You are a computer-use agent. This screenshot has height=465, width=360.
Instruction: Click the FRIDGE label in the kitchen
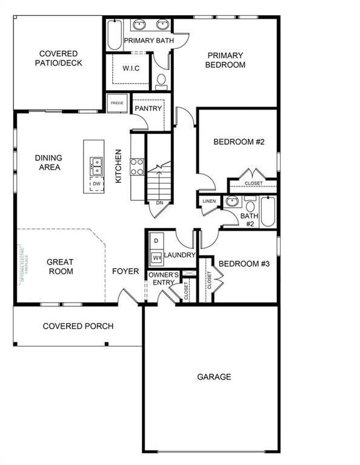(117, 104)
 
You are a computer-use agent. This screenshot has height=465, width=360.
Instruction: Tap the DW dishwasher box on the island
(96, 183)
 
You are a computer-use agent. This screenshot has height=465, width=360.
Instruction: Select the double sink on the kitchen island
(96, 163)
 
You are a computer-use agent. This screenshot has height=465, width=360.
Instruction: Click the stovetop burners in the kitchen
(136, 166)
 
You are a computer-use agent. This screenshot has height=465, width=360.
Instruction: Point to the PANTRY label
(148, 109)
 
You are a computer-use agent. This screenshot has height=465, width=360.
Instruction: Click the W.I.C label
(131, 68)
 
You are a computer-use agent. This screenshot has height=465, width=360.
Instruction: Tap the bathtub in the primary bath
(115, 36)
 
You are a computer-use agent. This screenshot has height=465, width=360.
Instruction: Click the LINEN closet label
(208, 202)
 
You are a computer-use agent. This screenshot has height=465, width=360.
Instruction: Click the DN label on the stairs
(159, 203)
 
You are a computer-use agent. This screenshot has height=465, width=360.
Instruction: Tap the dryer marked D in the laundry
(155, 241)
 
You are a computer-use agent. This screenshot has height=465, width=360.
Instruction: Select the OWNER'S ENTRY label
(164, 279)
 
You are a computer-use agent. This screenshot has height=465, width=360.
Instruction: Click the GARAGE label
(214, 377)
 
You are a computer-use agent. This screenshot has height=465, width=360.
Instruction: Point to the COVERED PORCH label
(78, 326)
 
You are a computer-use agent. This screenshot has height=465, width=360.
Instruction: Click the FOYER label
(125, 271)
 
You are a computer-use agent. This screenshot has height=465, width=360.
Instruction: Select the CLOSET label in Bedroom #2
(253, 183)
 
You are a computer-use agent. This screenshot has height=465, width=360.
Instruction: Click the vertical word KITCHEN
(119, 167)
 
